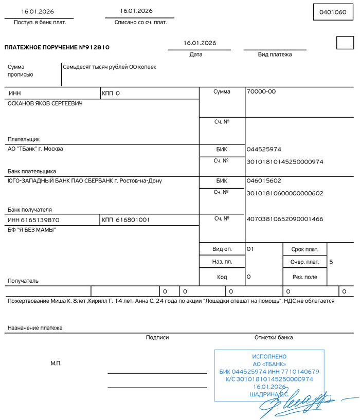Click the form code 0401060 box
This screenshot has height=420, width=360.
tap(333, 12)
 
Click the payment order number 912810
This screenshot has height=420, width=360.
tap(95, 47)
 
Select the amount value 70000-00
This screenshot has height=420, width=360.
tap(261, 92)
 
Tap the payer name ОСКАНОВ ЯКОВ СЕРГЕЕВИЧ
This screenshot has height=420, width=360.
tap(45, 103)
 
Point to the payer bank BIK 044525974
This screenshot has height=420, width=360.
tap(264, 150)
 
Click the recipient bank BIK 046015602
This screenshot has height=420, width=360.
tap(264, 181)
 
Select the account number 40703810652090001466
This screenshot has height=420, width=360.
tap(285, 219)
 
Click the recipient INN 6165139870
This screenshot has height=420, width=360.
tap(34, 220)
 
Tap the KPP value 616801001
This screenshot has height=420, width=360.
tap(133, 220)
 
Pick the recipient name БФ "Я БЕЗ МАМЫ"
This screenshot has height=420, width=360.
tap(32, 230)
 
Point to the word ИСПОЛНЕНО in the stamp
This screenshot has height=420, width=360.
tap(269, 357)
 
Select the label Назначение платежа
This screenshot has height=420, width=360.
tap(35, 327)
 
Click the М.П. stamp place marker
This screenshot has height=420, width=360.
tap(56, 363)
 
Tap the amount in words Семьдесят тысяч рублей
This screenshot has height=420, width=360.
tap(109, 67)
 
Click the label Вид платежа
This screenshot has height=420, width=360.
tap(275, 54)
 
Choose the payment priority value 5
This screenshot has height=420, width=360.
tap(331, 262)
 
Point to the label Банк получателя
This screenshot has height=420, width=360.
tap(29, 210)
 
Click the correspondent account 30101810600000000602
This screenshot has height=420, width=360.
tap(285, 193)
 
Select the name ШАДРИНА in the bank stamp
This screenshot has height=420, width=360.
tap(261, 394)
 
